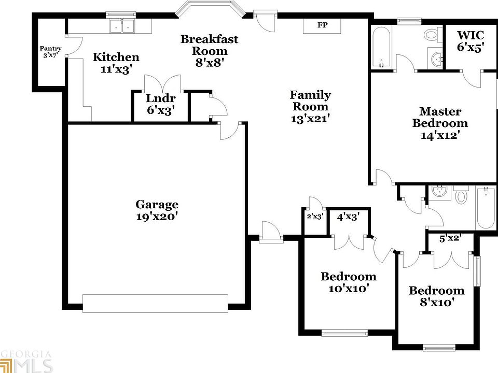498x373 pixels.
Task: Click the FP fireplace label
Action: point(322,25)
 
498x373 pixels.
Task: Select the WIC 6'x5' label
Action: point(471,41)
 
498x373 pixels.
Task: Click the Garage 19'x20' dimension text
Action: point(157,217)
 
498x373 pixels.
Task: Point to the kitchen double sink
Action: point(122,26)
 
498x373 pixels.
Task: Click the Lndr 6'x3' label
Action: point(160,104)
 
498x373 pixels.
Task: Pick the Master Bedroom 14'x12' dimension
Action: point(440,136)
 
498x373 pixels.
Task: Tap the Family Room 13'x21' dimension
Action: point(310,118)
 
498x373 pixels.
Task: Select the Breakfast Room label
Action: point(210,45)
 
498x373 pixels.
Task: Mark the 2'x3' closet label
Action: point(315,217)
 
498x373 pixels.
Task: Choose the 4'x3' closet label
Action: point(348,217)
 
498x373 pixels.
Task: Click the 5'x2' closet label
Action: point(450,239)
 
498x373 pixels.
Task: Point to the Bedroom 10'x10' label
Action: point(348,282)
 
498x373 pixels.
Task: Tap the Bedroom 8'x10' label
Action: point(436,296)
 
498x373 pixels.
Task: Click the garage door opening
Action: point(155,304)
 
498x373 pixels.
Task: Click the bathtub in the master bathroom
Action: point(381,48)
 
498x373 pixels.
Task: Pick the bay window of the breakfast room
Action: point(210,9)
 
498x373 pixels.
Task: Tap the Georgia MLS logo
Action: point(26,361)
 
